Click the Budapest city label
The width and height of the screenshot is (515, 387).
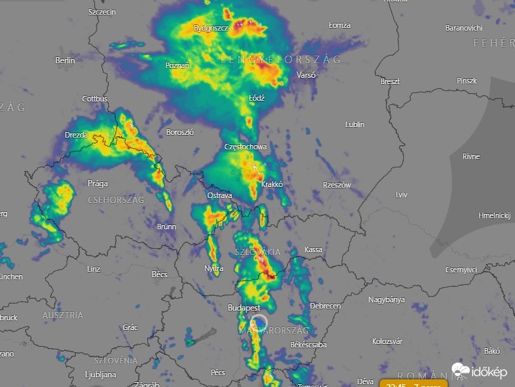244,307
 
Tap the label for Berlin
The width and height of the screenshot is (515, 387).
65,60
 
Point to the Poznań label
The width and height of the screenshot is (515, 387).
177,65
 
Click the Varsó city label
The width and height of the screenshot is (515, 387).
305,74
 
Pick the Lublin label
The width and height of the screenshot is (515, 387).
355,124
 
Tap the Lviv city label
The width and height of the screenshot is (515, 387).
401,195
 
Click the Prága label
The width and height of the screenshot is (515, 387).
98,184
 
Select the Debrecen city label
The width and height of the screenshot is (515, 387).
325,306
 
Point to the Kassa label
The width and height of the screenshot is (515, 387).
314,249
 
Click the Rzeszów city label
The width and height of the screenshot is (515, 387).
337,185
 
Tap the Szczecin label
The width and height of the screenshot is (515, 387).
102,13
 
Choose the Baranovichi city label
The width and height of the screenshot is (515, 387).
463,28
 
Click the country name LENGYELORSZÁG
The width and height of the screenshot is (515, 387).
281,60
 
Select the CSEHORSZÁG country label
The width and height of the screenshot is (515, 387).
116,200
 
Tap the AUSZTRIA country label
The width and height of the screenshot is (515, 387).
62,315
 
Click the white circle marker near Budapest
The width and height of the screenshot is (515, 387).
258,322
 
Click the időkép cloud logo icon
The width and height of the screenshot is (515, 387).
460,370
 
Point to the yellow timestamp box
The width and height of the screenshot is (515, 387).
413,383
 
